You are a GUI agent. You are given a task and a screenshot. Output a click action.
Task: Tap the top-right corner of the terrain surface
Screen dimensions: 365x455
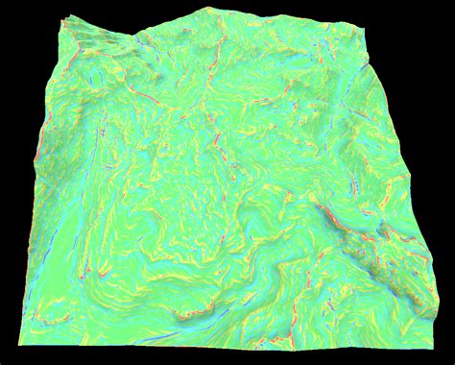(369, 31)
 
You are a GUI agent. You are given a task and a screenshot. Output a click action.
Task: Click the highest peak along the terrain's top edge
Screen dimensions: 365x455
(204, 9)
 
